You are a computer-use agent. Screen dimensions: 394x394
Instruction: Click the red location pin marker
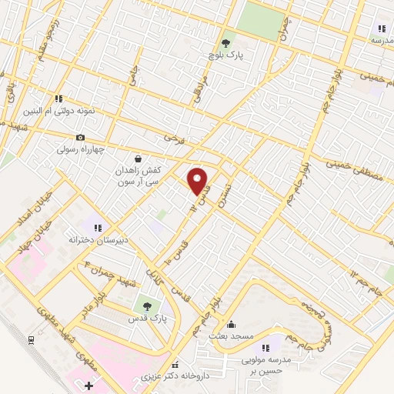point(198,181)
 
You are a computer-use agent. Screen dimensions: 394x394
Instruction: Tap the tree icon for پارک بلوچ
point(226,44)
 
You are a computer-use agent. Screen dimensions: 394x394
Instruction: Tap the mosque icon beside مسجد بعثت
point(231,324)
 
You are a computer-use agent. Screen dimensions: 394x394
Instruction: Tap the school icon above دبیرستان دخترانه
point(98,227)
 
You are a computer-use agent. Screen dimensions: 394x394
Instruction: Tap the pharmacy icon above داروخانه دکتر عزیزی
point(175,366)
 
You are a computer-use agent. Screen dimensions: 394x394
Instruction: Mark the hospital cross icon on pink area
point(88,385)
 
